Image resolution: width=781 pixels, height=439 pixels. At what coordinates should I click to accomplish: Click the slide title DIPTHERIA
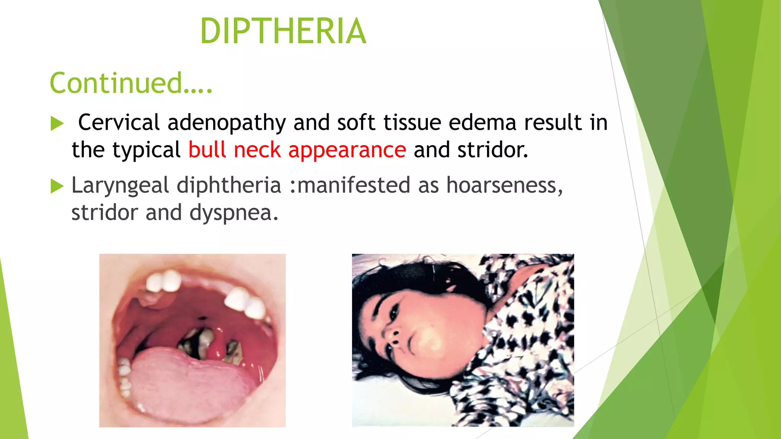[x=283, y=31]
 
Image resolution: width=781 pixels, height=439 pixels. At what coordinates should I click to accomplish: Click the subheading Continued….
[x=131, y=83]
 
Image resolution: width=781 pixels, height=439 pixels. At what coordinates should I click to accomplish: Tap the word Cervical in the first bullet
[x=119, y=123]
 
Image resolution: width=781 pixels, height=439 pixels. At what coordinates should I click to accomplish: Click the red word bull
[x=207, y=150]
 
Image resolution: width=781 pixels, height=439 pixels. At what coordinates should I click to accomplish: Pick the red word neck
[x=257, y=150]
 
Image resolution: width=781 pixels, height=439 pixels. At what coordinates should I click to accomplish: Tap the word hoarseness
[x=504, y=185]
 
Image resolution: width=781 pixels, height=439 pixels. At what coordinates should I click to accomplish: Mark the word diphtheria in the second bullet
[x=229, y=186]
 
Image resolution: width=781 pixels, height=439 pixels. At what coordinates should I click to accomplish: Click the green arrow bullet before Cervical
[x=57, y=123]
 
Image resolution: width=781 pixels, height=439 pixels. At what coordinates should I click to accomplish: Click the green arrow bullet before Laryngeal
[x=57, y=186]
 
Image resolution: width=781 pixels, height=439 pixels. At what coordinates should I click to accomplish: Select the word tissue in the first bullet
[x=412, y=123]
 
